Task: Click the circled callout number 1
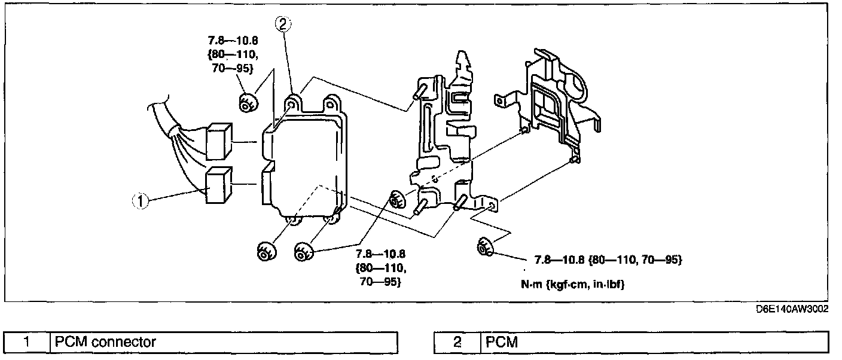click(141, 201)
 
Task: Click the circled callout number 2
click(283, 24)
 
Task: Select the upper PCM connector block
click(219, 141)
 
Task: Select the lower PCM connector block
click(219, 185)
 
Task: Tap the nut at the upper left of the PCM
click(248, 103)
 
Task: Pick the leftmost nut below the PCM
click(267, 251)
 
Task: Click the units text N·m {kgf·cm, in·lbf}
click(572, 285)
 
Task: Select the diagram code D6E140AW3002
click(792, 309)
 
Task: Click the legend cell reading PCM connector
click(224, 342)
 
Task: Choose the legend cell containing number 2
click(457, 342)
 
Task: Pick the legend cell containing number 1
click(27, 342)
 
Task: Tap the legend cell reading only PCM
click(654, 342)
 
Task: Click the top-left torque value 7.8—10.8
click(233, 41)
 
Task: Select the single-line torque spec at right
click(608, 260)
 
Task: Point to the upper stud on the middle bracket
click(419, 91)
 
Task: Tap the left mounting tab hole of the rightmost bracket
click(499, 101)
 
